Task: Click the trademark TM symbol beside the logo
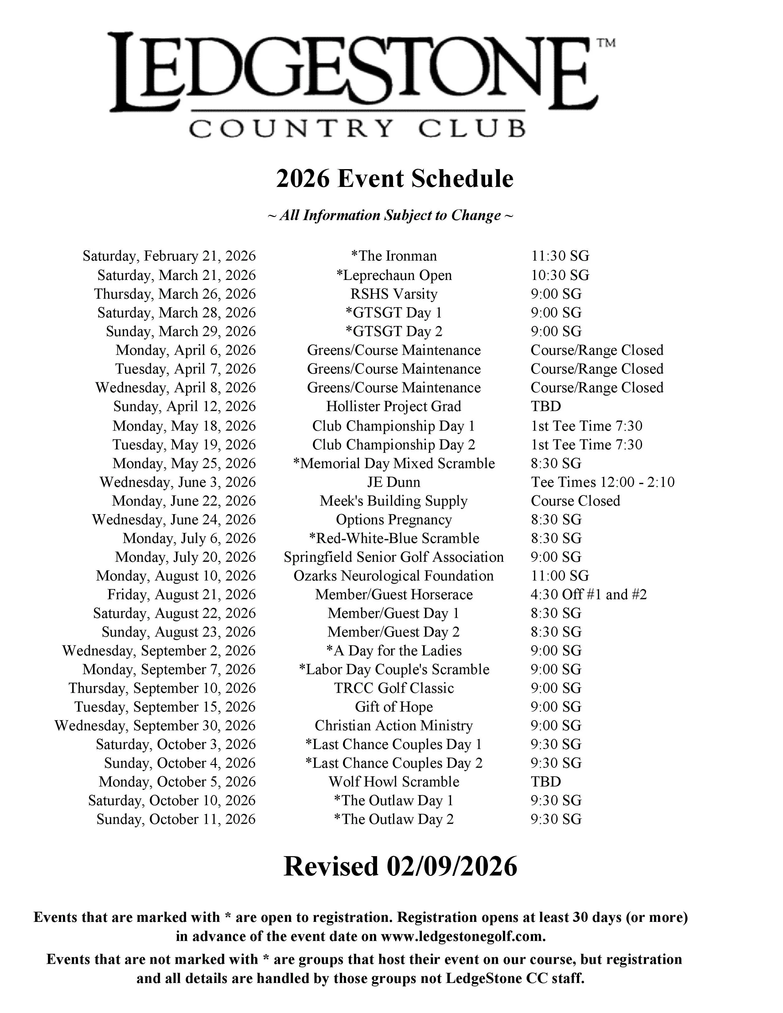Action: [x=606, y=43]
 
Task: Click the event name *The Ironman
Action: [x=394, y=256]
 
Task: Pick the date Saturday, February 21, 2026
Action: [x=169, y=256]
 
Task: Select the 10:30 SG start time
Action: [x=560, y=275]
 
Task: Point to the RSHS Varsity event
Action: [x=394, y=294]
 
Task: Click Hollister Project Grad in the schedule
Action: [x=393, y=406]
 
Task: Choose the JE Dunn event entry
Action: [x=394, y=482]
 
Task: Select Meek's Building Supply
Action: [x=393, y=501]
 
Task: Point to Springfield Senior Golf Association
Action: [x=393, y=557]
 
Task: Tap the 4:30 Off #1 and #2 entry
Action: [x=589, y=595]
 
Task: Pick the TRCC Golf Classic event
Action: [x=394, y=688]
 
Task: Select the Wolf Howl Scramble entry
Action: [x=394, y=782]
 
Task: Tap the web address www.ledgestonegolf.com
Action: [x=463, y=937]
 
